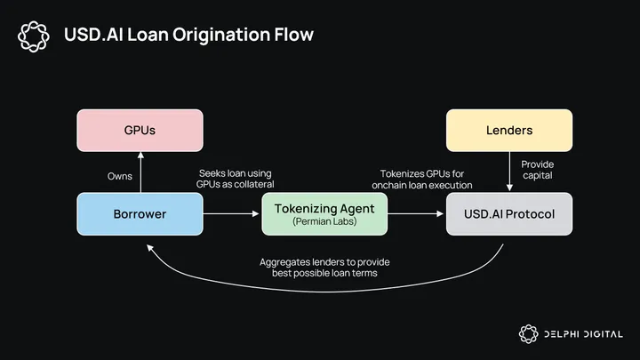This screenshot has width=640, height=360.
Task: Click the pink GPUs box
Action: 140,131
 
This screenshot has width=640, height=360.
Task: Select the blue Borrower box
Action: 140,214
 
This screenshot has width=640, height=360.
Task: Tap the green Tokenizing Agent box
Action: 324,214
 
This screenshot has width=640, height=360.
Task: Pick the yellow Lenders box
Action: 509,131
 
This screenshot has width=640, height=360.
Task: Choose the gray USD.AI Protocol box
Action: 509,214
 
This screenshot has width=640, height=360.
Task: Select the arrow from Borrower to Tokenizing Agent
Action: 232,214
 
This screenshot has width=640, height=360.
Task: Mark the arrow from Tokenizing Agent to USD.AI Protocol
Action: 417,214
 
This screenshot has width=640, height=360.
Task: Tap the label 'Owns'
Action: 119,176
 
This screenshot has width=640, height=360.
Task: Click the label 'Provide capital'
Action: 537,170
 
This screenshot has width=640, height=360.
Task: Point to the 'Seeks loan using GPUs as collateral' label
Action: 236,178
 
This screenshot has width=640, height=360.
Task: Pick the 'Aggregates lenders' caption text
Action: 324,268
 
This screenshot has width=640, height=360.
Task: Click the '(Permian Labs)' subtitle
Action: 324,222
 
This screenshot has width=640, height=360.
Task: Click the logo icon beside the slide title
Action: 34,36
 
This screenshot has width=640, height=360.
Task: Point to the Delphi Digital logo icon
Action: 528,334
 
